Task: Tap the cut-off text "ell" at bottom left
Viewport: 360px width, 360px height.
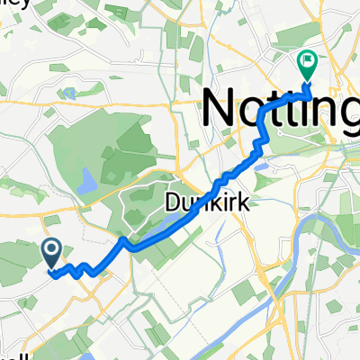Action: point(7,354)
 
